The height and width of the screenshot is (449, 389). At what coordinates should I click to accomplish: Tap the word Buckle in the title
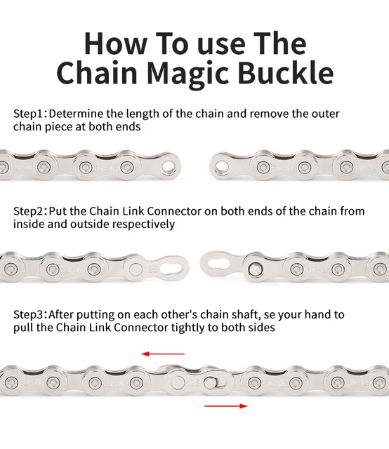284,73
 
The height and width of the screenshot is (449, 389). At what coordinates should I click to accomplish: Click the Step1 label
29,113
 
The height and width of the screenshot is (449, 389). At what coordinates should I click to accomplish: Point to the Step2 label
29,211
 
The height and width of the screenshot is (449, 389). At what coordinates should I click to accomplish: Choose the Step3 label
29,315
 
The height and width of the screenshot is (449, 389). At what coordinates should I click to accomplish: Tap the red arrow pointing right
226,406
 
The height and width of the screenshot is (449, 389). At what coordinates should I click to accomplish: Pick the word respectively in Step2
141,224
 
